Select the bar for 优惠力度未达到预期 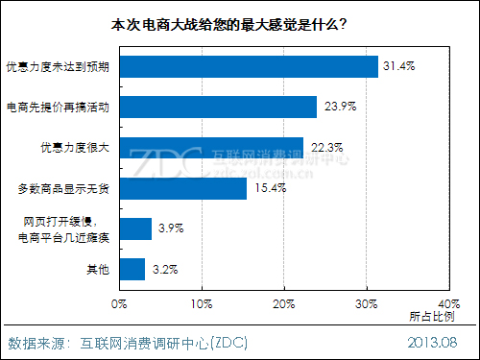[x=249, y=66]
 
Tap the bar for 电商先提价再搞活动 [x=218, y=107]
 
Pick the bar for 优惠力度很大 [x=211, y=147]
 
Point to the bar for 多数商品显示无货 [x=183, y=187]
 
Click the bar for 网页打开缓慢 [x=136, y=228]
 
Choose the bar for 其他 [x=133, y=269]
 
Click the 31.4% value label [x=398, y=66]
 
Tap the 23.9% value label [x=337, y=107]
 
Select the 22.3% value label [x=324, y=147]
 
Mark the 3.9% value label [x=171, y=228]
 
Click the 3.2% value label [x=164, y=269]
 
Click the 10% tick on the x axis [x=201, y=304]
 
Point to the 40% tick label [x=447, y=304]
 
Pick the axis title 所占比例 [x=431, y=317]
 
